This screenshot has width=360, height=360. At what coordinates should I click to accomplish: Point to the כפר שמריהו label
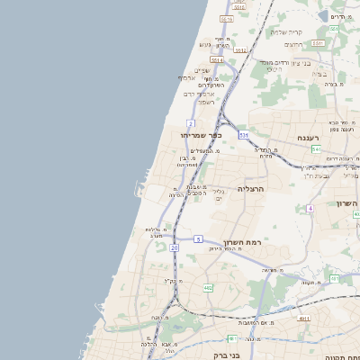tap(196, 134)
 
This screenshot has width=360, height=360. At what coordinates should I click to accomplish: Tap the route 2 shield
tap(191, 123)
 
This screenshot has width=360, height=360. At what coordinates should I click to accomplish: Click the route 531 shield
tap(243, 136)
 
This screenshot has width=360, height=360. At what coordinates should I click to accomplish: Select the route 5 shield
tap(198, 238)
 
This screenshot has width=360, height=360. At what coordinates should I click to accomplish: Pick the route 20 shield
tap(175, 246)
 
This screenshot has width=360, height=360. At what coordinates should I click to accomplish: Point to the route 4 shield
tap(310, 208)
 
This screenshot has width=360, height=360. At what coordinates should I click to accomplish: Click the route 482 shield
tap(209, 288)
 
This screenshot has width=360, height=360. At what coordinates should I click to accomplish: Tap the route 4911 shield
tap(304, 319)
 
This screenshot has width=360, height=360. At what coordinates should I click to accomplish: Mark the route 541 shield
tap(317, 149)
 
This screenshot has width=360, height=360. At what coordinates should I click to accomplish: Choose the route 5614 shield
tap(216, 60)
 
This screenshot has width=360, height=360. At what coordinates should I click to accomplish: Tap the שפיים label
tap(202, 70)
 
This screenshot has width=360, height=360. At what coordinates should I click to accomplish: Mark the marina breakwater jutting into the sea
tap(138, 188)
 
